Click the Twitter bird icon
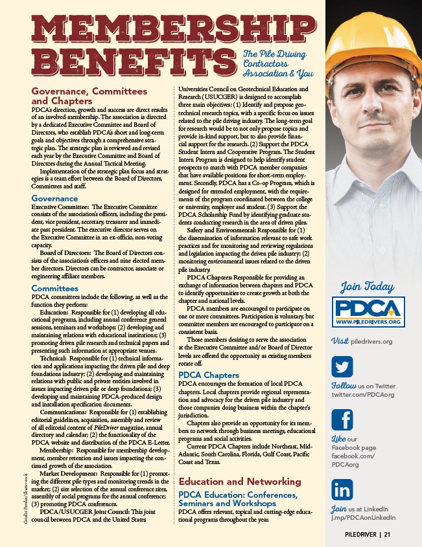[x=342, y=367]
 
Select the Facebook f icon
[x=342, y=419]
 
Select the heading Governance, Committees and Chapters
[x=89, y=96]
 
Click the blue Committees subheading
[x=55, y=288]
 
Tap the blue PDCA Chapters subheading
[x=209, y=375]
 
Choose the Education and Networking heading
[x=240, y=482]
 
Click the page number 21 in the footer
[x=387, y=535]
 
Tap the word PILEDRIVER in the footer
[x=362, y=535]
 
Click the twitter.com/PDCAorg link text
[x=363, y=394]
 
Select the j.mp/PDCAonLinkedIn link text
[x=363, y=517]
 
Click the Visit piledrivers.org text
[x=362, y=341]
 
